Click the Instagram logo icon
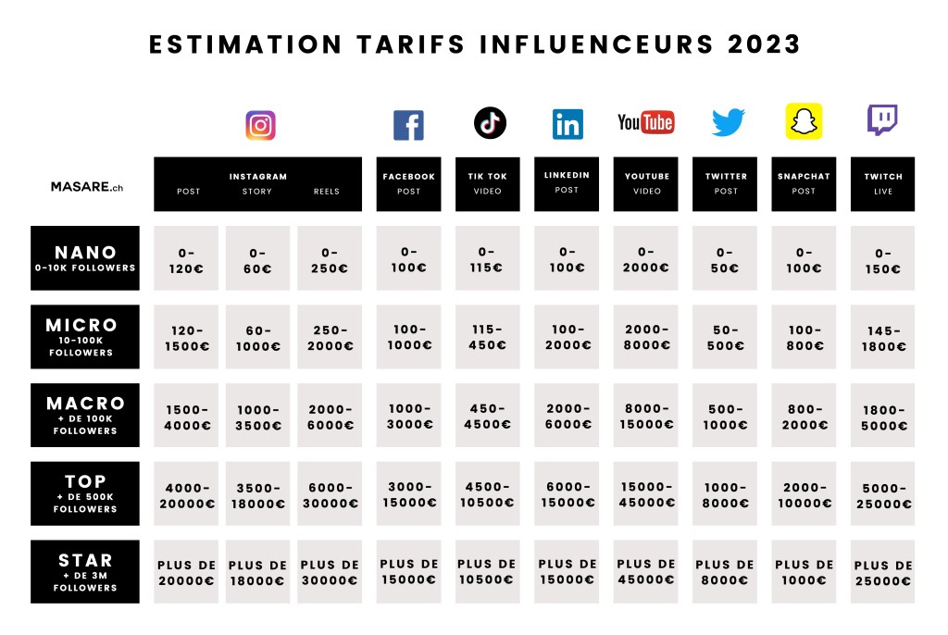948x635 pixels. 260,125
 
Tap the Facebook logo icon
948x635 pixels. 408,125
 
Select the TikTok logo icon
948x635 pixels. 490,123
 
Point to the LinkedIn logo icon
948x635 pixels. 568,124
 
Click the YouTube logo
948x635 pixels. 645,122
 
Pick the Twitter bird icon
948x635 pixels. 728,122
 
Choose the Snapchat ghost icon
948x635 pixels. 804,121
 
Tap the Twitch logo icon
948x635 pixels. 881,120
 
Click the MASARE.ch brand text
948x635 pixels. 87,186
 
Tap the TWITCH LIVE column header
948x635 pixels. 882,183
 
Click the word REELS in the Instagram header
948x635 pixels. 327,192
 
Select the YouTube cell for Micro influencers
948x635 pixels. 645,338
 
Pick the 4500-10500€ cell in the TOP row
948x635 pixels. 488,494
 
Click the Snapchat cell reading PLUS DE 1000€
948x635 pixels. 804,572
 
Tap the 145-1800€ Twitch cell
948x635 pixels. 882,338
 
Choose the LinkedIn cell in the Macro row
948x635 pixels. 568,416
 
